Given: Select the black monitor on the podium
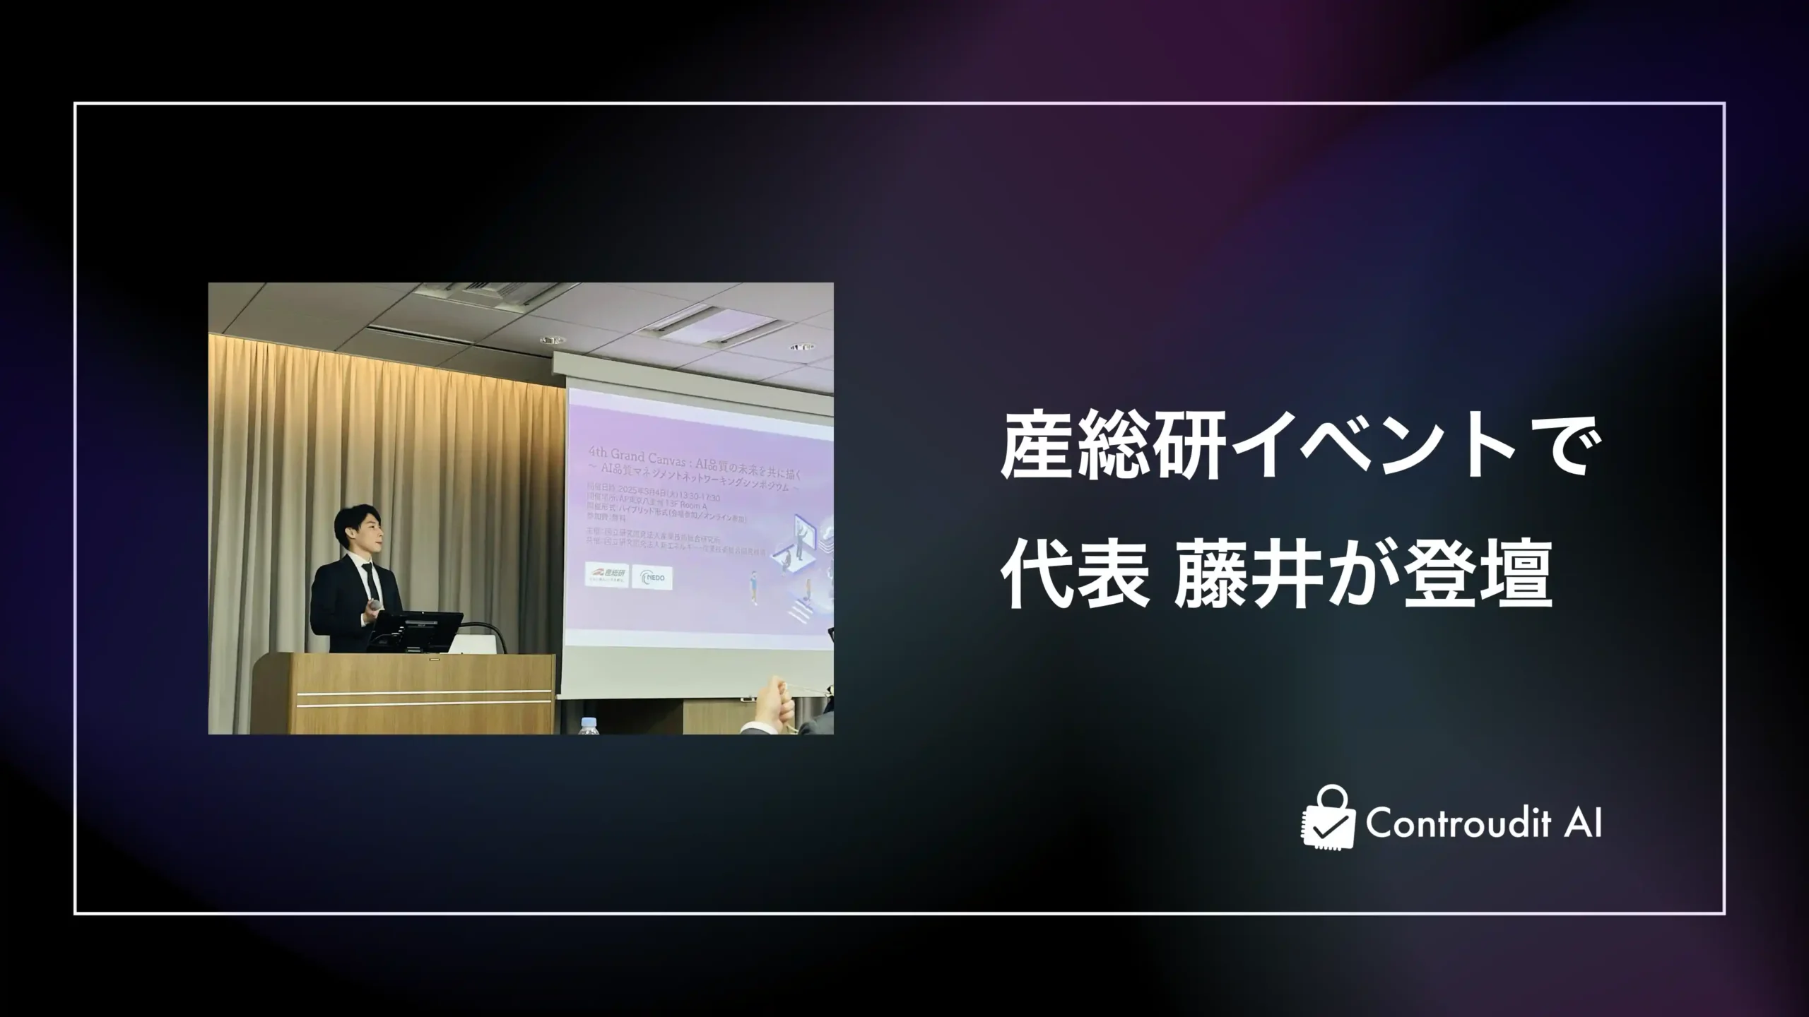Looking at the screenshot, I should (418, 630).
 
